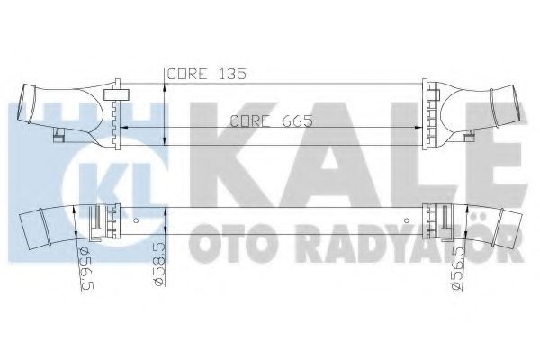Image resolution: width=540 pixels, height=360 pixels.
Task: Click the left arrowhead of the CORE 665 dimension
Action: (x=123, y=129)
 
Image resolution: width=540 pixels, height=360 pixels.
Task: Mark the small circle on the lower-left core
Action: (x=135, y=220)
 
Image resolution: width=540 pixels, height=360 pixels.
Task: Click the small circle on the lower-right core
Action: (x=410, y=220)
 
